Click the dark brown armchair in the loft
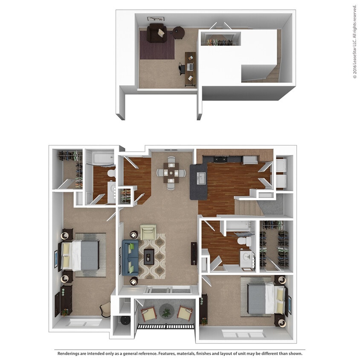[x=157, y=33]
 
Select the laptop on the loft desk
[x=189, y=67]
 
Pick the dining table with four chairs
[x=171, y=172]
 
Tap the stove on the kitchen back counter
[x=220, y=160]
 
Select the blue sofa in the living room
[x=129, y=257]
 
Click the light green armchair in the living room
[x=148, y=232]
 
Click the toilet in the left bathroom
[x=110, y=173]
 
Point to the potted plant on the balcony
[x=165, y=312]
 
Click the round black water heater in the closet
[x=124, y=320]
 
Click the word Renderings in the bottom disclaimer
[x=70, y=353]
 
